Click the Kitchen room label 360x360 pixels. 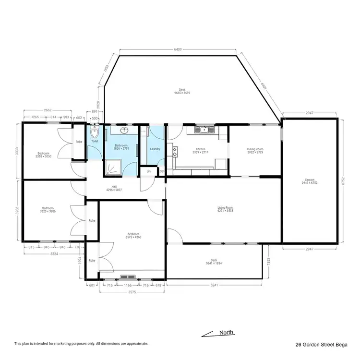pyautogui.click(x=200, y=149)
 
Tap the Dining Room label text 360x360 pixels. pyautogui.click(x=255, y=149)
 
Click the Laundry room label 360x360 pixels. pyautogui.click(x=155, y=149)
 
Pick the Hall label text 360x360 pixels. pyautogui.click(x=115, y=187)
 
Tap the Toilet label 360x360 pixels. pyautogui.click(x=95, y=141)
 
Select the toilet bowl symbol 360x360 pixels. pyautogui.click(x=94, y=132)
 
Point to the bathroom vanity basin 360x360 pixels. pyautogui.click(x=124, y=130)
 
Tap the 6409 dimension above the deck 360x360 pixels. pyautogui.click(x=178, y=49)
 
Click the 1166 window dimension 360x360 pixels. pyautogui.click(x=128, y=285)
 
